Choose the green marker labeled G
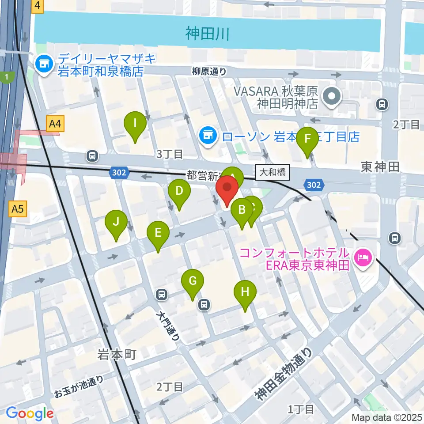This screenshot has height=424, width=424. coord(193,281)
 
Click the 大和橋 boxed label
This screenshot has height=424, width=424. coord(273,172)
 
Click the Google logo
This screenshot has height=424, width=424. coord(30,414)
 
